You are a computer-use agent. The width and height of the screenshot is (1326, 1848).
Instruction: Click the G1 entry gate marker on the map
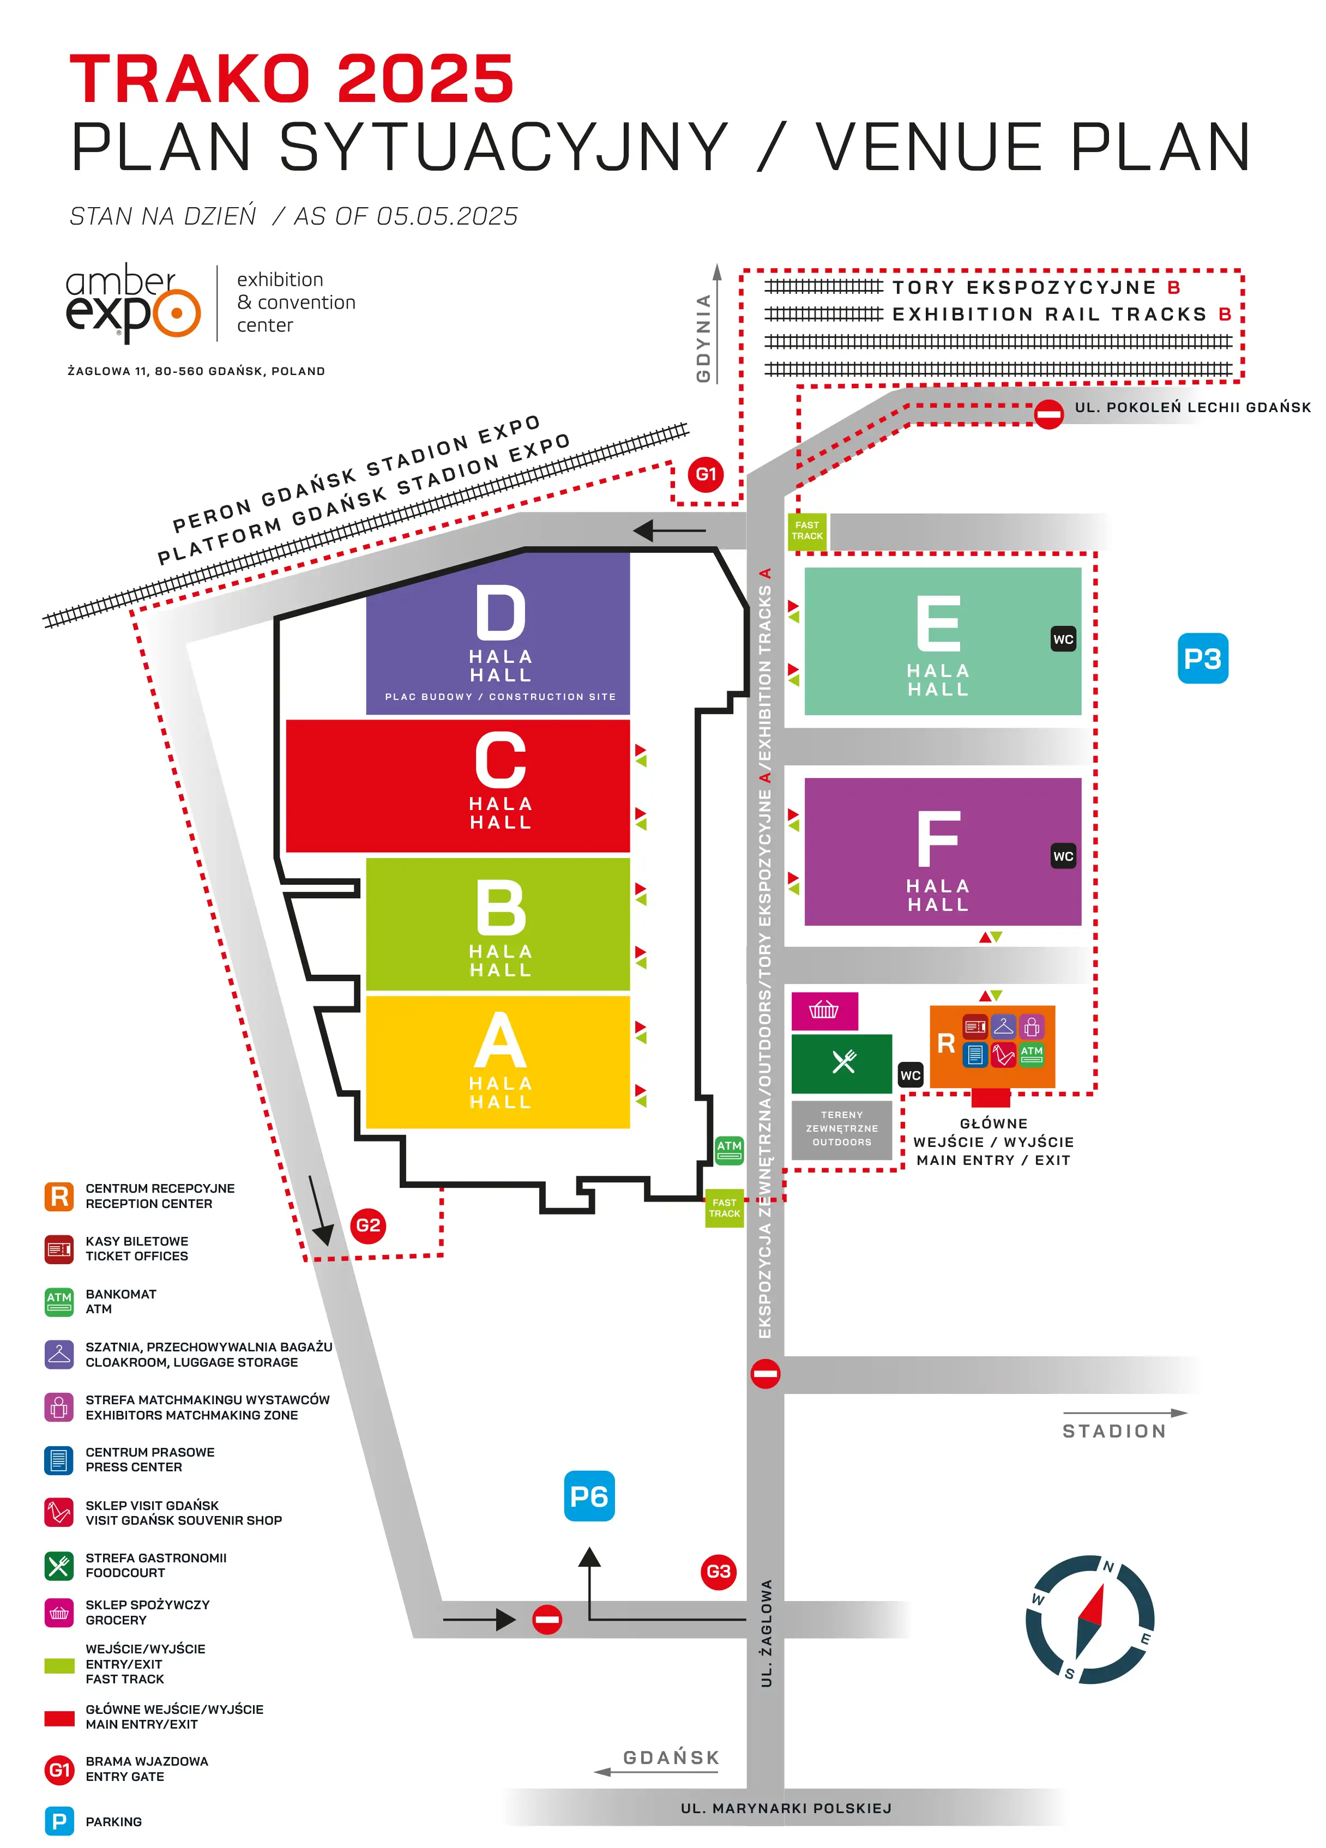705,474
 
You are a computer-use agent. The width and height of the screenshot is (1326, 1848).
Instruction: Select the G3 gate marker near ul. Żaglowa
718,1572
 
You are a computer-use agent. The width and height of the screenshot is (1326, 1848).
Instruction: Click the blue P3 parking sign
1202,659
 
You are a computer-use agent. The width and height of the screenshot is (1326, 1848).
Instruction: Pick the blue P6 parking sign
589,1496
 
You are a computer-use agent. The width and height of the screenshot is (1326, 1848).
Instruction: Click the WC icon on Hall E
1063,639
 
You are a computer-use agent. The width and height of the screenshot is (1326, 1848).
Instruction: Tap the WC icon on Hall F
1063,855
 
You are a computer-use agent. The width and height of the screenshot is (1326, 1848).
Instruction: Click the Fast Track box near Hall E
807,532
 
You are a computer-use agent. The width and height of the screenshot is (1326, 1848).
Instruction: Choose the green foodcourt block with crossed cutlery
842,1064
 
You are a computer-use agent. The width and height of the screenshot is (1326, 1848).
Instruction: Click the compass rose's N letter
1108,1566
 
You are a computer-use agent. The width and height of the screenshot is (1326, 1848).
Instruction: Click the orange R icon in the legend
59,1196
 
